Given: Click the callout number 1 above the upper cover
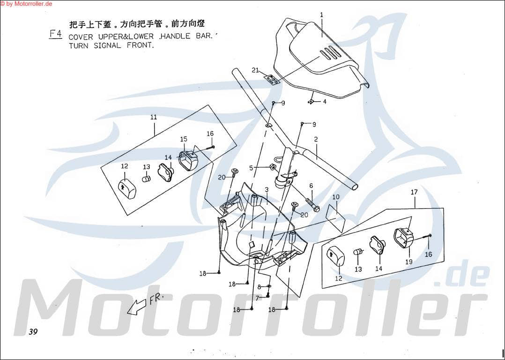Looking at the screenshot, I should tap(321, 15).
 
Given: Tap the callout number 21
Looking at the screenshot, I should tap(255, 70).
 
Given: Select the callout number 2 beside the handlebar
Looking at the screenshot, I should tap(316, 139).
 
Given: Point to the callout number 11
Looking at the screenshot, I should tap(153, 117).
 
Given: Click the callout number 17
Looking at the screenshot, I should tap(414, 192).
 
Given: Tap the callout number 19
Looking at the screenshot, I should tap(409, 262).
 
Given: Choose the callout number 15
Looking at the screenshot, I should tap(184, 139).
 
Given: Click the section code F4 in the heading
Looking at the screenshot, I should tap(55, 34).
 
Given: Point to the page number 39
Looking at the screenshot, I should tap(32, 332).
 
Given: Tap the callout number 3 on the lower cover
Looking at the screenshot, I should tap(266, 189).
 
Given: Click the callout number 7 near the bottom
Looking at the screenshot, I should tap(257, 298).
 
